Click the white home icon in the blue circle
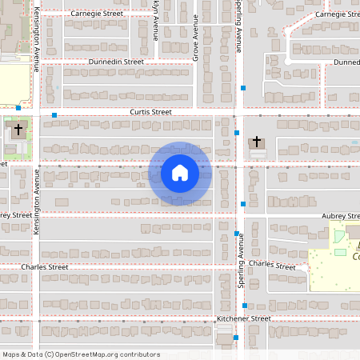179,173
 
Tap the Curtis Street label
151,113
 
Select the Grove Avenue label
194,39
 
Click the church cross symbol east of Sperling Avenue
257,142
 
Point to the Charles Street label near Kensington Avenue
46,267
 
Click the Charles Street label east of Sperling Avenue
272,265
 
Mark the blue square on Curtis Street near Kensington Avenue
54,116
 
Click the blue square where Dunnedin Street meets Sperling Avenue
254,86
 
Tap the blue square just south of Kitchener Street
235,338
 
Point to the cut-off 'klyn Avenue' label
155,21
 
